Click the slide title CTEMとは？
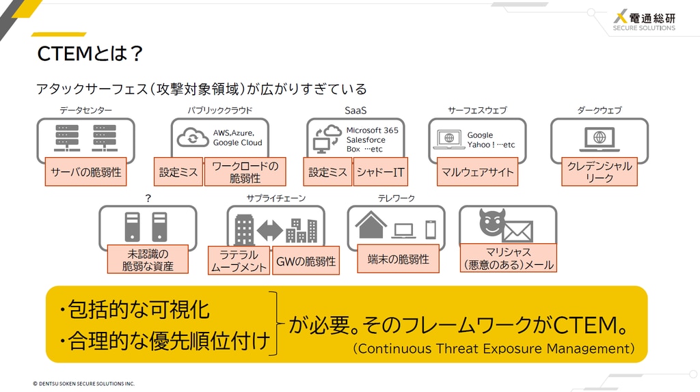(90, 53)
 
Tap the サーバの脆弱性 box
(85, 171)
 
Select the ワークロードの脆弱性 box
(245, 171)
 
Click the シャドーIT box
(380, 171)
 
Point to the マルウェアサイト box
(477, 171)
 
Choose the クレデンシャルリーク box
(599, 171)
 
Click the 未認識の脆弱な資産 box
(148, 259)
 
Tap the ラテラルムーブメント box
(239, 260)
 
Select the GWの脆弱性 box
(306, 260)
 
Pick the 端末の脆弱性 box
(399, 259)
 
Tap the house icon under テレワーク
(371, 225)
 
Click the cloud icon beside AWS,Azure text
(193, 137)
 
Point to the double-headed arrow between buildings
(270, 230)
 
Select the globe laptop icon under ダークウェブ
(599, 139)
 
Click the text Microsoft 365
(373, 130)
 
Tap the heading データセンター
(85, 110)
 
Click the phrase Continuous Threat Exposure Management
(494, 348)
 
